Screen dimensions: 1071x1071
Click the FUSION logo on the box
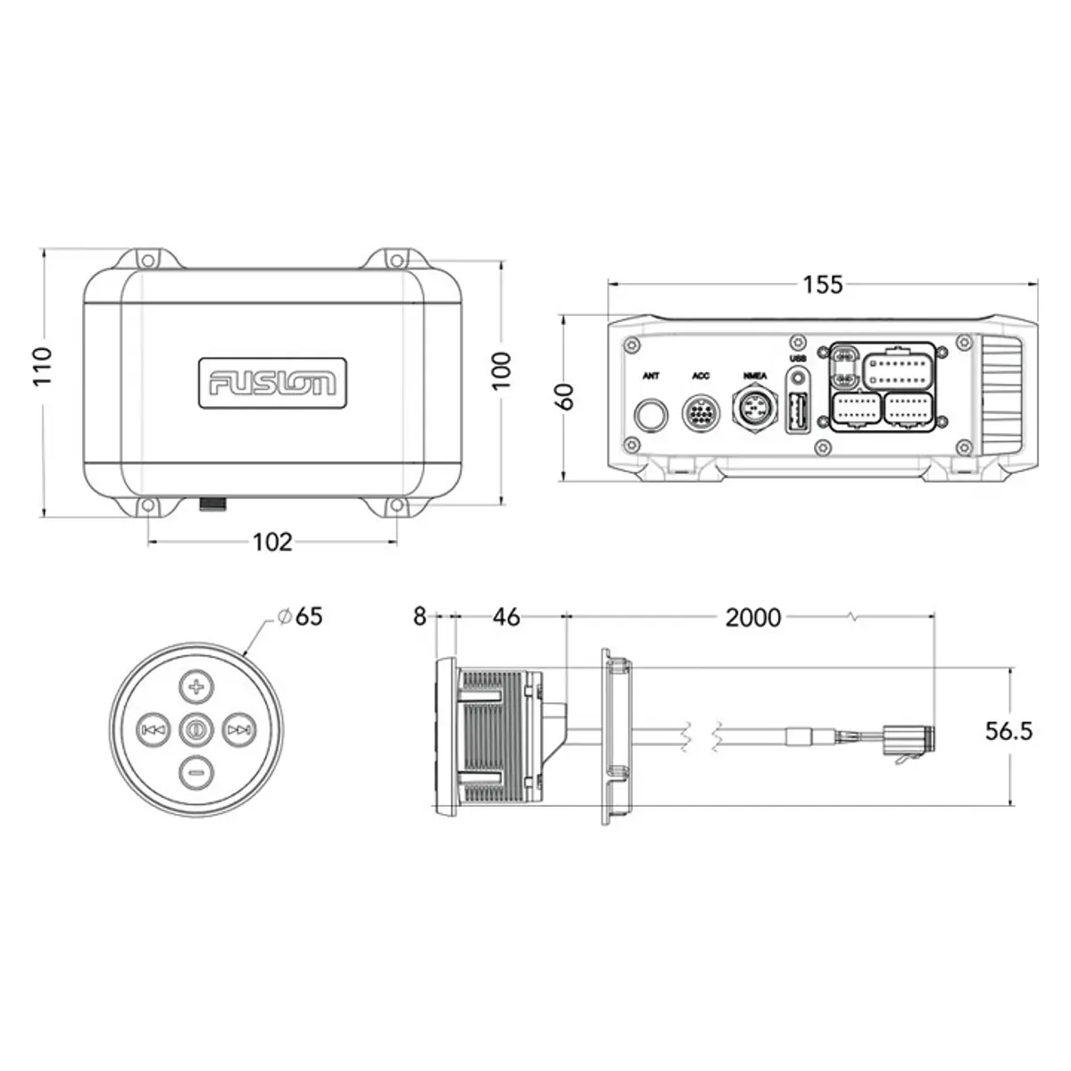(x=272, y=383)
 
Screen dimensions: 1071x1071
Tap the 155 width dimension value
(x=823, y=285)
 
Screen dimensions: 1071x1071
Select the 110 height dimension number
(x=42, y=366)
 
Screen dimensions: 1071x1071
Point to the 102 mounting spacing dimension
(x=272, y=542)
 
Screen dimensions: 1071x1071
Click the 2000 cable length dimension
(x=753, y=618)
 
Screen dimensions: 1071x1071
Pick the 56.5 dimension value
(x=1009, y=732)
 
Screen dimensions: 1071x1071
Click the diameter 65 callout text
(x=301, y=617)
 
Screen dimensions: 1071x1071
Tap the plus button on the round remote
(x=195, y=687)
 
